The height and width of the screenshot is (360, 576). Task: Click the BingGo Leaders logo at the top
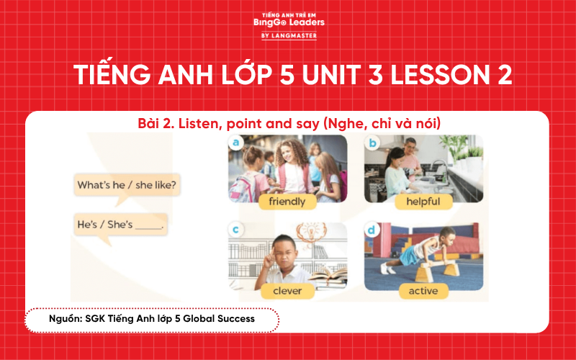click(x=288, y=21)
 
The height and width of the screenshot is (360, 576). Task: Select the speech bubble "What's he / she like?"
click(x=126, y=186)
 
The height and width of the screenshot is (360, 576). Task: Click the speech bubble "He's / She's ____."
click(x=121, y=225)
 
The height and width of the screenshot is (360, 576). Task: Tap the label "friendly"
click(x=287, y=202)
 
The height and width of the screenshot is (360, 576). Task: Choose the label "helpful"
click(x=423, y=202)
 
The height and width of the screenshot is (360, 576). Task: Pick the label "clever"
click(x=287, y=291)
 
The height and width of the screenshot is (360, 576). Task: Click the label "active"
click(x=423, y=291)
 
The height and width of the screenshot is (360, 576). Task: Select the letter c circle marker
click(x=234, y=230)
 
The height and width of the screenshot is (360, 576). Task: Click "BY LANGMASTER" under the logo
click(x=288, y=35)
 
